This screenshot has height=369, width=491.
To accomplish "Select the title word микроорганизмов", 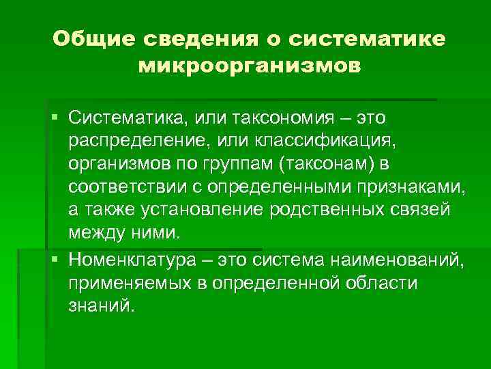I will click(249, 67).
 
